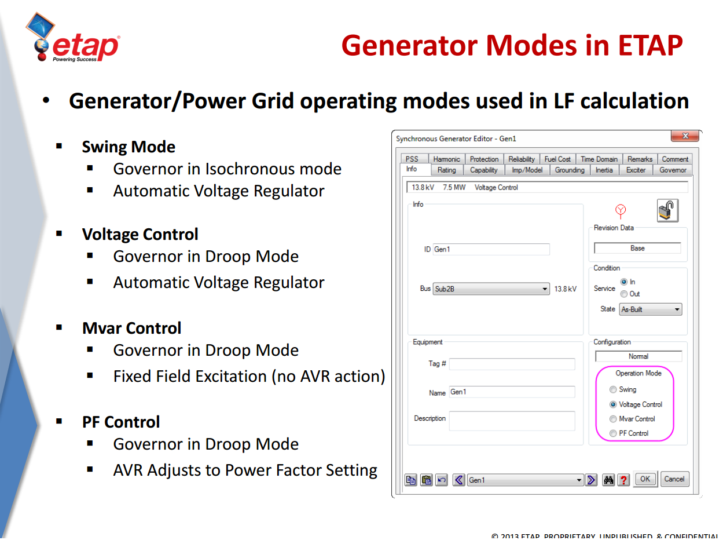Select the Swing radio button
point(613,390)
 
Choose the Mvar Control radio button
point(613,419)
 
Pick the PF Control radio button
point(613,433)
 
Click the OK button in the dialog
point(645,479)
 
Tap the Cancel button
point(674,479)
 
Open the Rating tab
point(446,170)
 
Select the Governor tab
point(673,170)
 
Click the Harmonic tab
point(446,159)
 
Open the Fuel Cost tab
point(557,159)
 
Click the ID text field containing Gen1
point(491,249)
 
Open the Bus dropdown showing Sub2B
point(491,289)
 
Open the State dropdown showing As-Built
point(650,309)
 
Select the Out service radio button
point(624,294)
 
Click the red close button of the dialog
point(685,136)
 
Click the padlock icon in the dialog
point(667,210)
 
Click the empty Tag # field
point(512,364)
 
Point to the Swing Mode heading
point(129,147)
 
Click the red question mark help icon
point(623,480)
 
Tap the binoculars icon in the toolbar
point(608,480)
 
